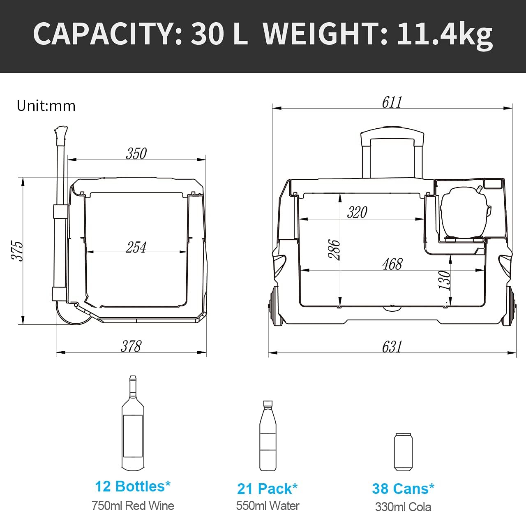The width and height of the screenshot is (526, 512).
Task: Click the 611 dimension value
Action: tap(392, 102)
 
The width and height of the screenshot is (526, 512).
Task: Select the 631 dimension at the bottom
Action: tap(392, 347)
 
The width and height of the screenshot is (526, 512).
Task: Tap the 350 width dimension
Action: tap(136, 153)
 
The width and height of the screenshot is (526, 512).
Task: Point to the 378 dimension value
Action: tap(131, 346)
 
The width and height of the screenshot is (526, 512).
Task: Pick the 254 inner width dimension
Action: tap(136, 247)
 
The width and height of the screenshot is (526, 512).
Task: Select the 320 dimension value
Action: tap(357, 212)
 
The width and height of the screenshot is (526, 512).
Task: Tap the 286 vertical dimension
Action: tap(334, 250)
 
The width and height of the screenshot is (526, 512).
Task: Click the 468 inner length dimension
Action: tap(392, 264)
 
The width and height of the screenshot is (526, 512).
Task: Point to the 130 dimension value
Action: tap(445, 280)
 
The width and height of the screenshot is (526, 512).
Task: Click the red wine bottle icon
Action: tap(133, 423)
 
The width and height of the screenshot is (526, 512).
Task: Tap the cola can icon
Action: tap(403, 452)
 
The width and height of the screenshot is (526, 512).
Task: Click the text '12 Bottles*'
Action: tap(133, 486)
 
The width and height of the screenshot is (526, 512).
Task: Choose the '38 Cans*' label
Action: tap(403, 489)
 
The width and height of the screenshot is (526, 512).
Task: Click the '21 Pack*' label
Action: tap(267, 489)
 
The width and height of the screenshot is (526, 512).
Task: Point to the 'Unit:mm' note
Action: tap(46, 106)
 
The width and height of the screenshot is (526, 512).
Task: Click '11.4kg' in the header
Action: tap(445, 34)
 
